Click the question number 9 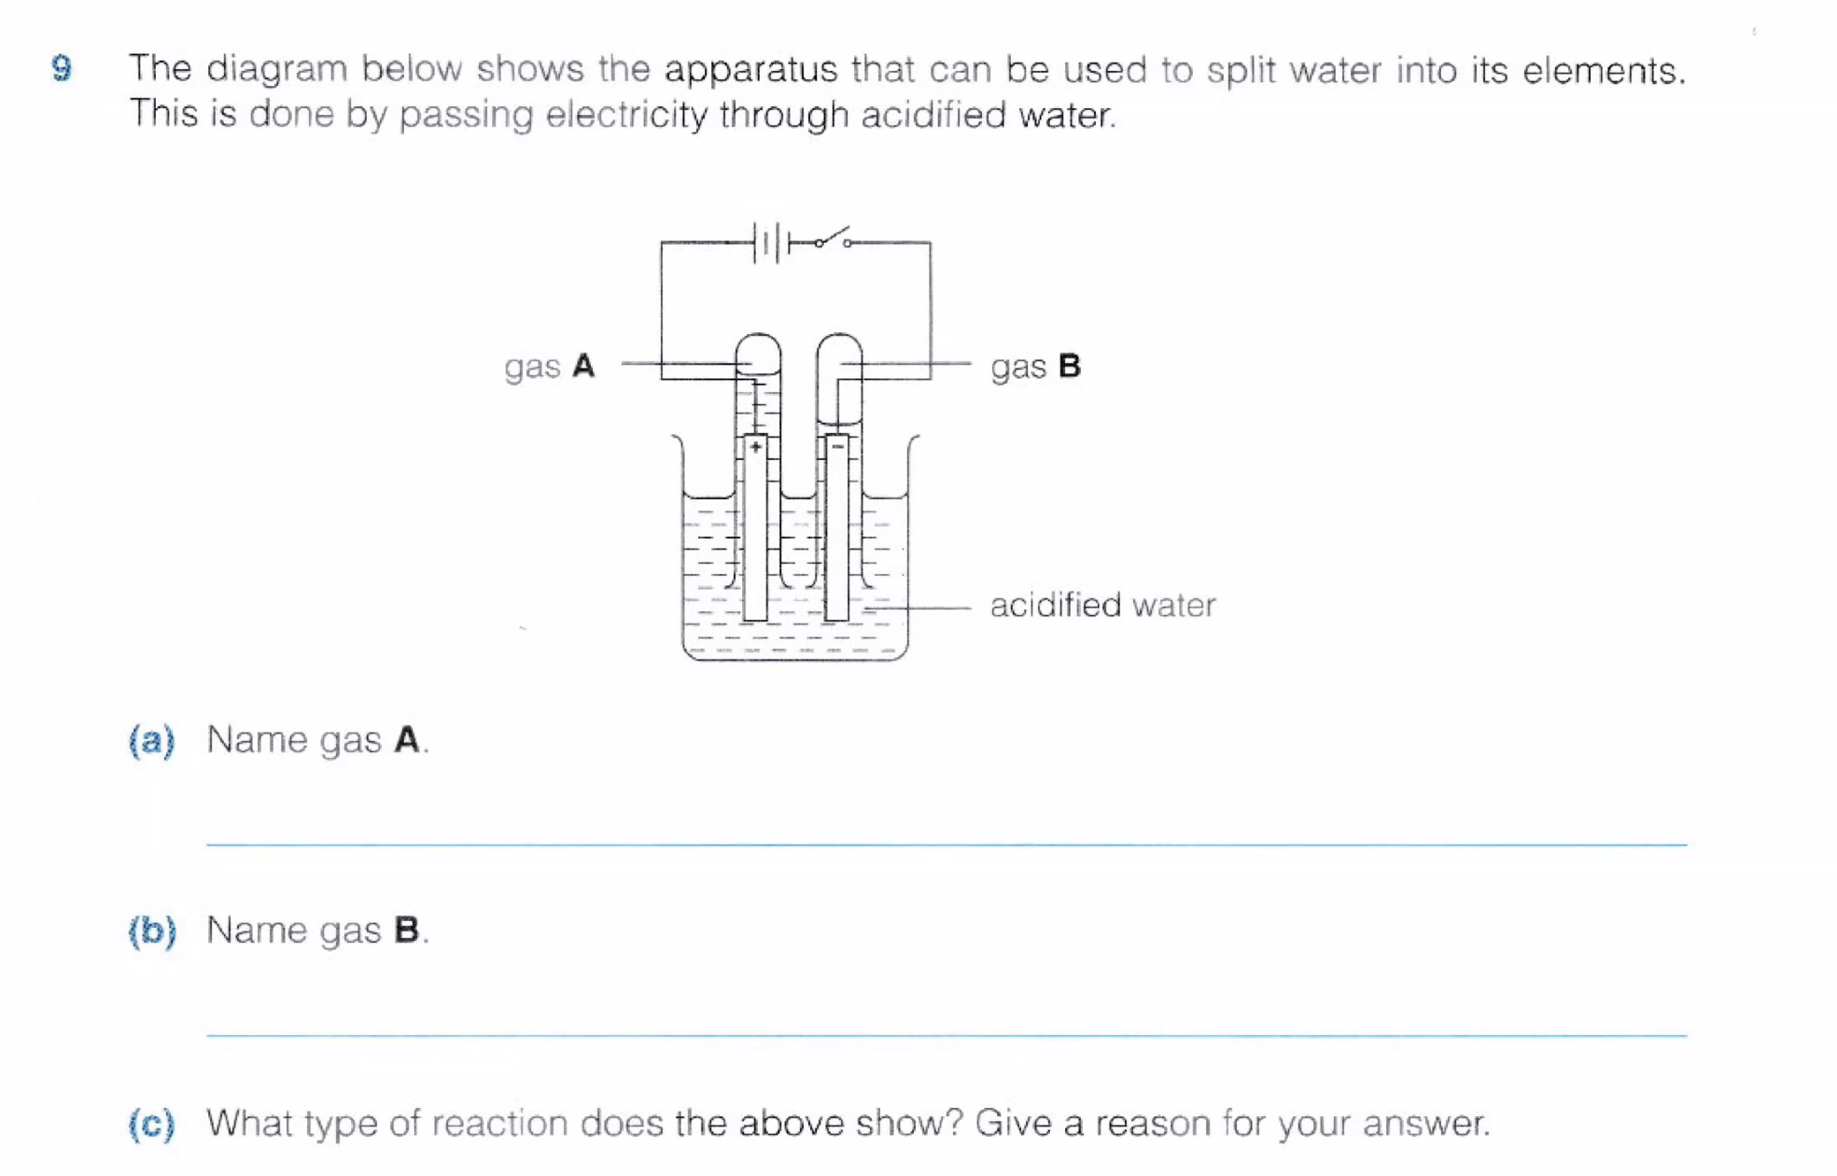pyautogui.click(x=62, y=68)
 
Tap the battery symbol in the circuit pyautogui.click(x=771, y=243)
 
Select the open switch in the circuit pyautogui.click(x=833, y=238)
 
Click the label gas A pyautogui.click(x=549, y=366)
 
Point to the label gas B pyautogui.click(x=1035, y=366)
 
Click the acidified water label pyautogui.click(x=1102, y=605)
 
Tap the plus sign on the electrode pyautogui.click(x=755, y=447)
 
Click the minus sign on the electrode pyautogui.click(x=837, y=447)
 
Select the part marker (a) pyautogui.click(x=151, y=740)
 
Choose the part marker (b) pyautogui.click(x=151, y=931)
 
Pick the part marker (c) pyautogui.click(x=151, y=1123)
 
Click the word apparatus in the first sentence pyautogui.click(x=750, y=70)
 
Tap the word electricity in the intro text pyautogui.click(x=626, y=115)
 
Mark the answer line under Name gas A pyautogui.click(x=947, y=844)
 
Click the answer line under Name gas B pyautogui.click(x=947, y=1035)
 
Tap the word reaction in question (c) pyautogui.click(x=499, y=1123)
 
